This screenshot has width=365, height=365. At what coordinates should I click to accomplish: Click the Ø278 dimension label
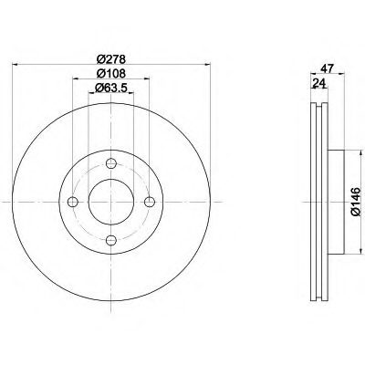(x=111, y=58)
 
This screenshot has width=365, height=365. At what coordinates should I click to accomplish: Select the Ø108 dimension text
(x=111, y=73)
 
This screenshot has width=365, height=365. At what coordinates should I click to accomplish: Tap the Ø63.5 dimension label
(x=110, y=88)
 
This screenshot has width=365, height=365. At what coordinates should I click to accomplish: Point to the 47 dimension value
(x=327, y=68)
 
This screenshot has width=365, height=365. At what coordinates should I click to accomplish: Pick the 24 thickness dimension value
(x=319, y=82)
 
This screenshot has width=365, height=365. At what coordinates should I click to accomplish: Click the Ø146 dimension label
(x=356, y=202)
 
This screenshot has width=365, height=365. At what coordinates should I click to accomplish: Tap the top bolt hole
(x=111, y=163)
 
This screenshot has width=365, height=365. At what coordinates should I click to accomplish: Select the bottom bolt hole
(x=111, y=240)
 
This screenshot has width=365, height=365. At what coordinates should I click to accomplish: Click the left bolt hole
(x=73, y=202)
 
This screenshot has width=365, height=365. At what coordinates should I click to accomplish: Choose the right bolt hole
(x=150, y=202)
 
